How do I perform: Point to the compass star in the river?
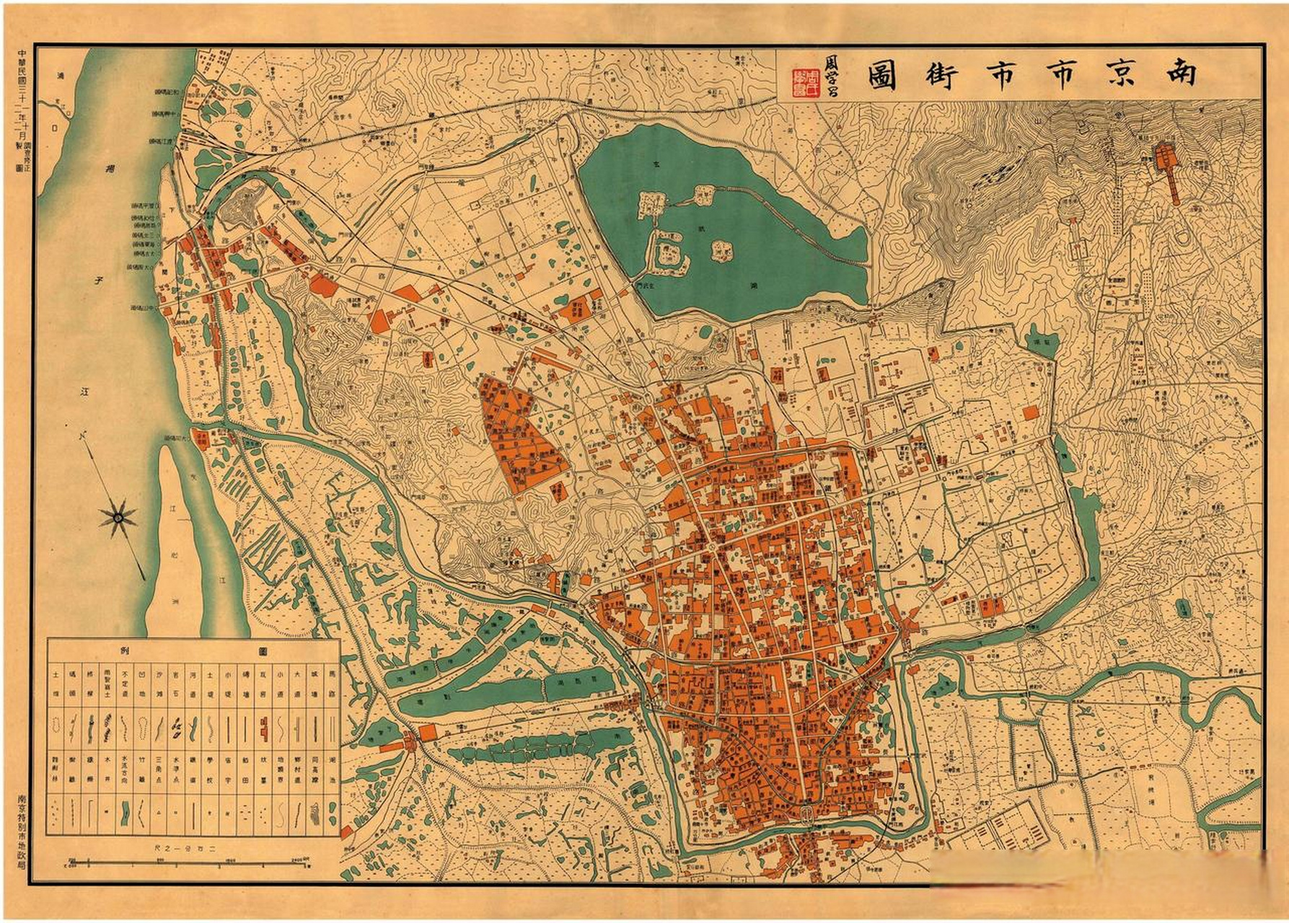click(x=118, y=516)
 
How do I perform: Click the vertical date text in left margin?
click(x=22, y=115)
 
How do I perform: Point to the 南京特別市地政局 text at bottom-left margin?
click(x=22, y=829)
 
